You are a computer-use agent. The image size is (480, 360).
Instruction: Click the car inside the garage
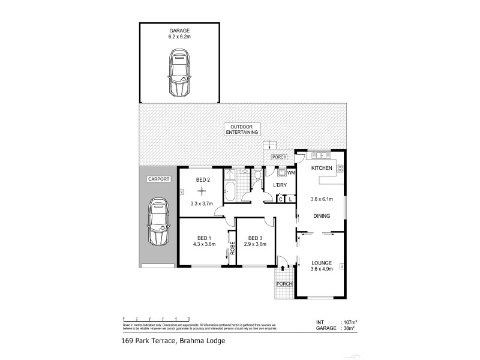pyautogui.click(x=179, y=73)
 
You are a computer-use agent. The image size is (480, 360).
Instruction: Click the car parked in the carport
pyautogui.click(x=157, y=223)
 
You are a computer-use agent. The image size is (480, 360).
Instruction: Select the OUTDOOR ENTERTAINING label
pyautogui.click(x=243, y=128)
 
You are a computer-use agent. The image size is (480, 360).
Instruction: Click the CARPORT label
pyautogui.click(x=157, y=179)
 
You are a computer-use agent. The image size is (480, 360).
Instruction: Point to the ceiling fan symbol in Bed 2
pyautogui.click(x=202, y=190)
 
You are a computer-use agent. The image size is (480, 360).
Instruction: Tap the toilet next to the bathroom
pyautogui.click(x=259, y=175)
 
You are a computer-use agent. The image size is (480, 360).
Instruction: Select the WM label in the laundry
pyautogui.click(x=291, y=173)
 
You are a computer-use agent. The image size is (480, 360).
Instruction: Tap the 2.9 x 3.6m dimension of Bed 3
pyautogui.click(x=256, y=244)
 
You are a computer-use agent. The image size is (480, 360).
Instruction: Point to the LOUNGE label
pyautogui.click(x=322, y=263)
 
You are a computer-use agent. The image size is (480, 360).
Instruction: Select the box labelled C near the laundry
pyautogui.click(x=281, y=199)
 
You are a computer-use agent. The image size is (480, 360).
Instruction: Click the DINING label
pyautogui.click(x=322, y=216)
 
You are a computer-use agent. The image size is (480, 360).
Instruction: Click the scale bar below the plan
pyautogui.click(x=156, y=319)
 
